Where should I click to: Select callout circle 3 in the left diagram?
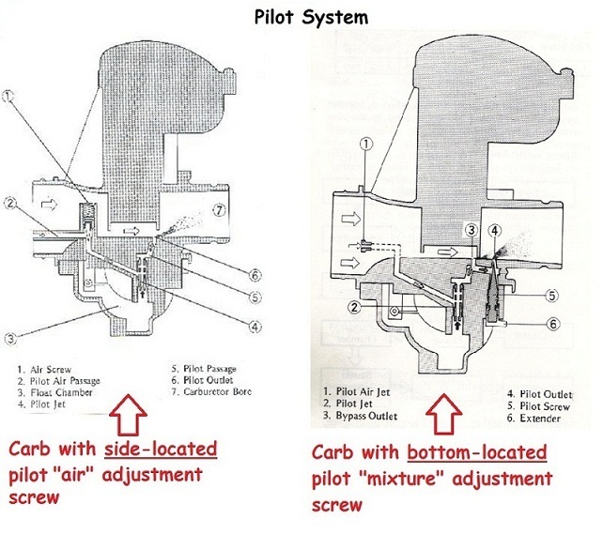click(10, 339)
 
